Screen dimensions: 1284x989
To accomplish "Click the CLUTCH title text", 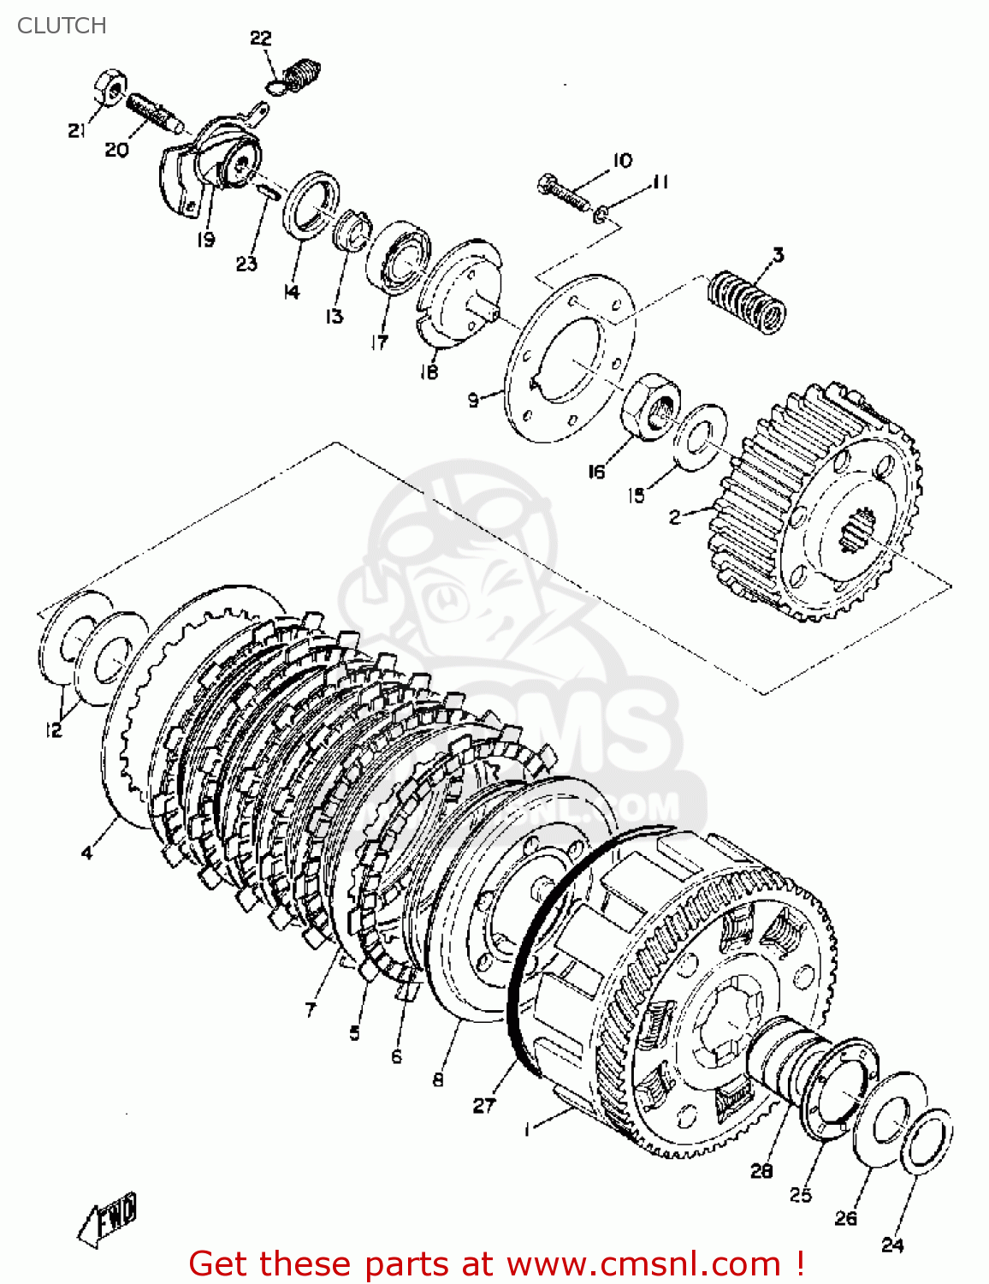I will (x=62, y=26).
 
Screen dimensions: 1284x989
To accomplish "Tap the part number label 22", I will (x=260, y=38).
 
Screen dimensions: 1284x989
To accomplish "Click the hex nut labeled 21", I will (x=109, y=86).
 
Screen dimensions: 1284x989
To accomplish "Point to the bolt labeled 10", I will (x=564, y=193).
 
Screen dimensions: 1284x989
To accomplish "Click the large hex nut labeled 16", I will (x=651, y=403).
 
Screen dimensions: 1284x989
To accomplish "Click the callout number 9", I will (x=473, y=399).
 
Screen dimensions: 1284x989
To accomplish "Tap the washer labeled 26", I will (x=890, y=1118).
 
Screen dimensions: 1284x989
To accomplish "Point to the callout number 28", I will (x=761, y=1170).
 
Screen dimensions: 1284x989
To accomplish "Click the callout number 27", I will (x=484, y=1105).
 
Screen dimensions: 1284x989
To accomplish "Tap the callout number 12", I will (x=53, y=729).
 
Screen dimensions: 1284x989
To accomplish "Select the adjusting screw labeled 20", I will (x=152, y=112).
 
